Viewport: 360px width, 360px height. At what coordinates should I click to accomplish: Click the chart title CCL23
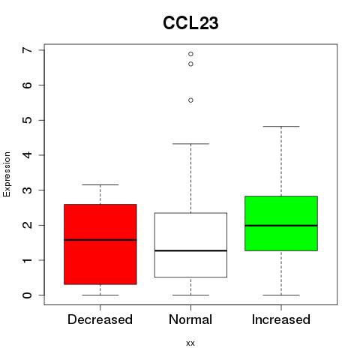(190, 23)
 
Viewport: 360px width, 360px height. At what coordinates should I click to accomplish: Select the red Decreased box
(100, 244)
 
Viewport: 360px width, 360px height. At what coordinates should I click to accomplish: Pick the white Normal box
(190, 245)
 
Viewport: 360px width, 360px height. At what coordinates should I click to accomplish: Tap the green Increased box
(281, 223)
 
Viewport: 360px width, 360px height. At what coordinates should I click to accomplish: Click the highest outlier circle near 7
(190, 54)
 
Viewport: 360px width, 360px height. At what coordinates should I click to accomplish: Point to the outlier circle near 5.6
(190, 100)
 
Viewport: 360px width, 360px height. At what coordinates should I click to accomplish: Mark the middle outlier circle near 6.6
(190, 64)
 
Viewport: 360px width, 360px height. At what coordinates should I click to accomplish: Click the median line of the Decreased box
(100, 240)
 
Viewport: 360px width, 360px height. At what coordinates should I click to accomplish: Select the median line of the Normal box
(190, 250)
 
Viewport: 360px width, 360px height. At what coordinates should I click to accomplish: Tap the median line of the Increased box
(281, 226)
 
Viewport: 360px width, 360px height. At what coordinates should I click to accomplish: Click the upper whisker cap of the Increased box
(281, 127)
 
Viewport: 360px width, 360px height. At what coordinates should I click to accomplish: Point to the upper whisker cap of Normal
(190, 144)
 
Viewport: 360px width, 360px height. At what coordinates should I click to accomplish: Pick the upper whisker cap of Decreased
(100, 184)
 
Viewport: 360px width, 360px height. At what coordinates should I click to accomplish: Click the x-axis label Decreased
(100, 319)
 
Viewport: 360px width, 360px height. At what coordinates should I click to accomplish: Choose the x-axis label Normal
(190, 319)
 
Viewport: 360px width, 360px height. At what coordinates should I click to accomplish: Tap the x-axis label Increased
(281, 319)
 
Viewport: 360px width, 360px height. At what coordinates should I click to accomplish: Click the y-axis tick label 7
(28, 50)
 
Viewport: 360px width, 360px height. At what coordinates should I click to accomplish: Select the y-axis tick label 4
(28, 155)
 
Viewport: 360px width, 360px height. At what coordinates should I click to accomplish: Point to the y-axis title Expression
(7, 174)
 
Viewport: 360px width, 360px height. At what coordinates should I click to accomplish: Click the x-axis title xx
(190, 343)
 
